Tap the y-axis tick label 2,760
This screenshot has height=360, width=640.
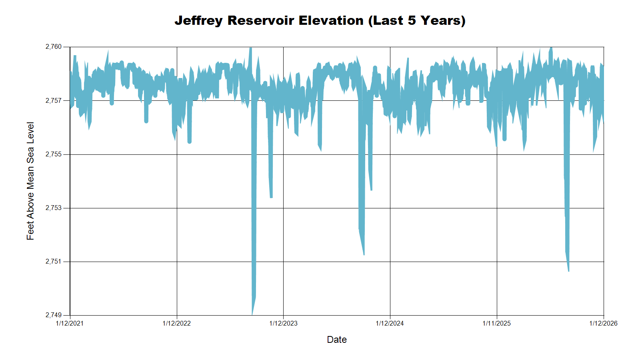click(54, 47)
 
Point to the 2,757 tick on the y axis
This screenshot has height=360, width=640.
click(54, 100)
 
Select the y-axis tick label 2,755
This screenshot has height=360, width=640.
click(54, 154)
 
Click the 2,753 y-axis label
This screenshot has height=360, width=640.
click(54, 208)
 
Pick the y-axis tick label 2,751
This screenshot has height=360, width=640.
click(54, 262)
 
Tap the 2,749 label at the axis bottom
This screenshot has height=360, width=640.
click(54, 315)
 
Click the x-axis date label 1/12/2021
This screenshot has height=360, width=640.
click(70, 323)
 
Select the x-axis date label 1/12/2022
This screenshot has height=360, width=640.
click(176, 323)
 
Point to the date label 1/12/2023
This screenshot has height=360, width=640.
click(283, 323)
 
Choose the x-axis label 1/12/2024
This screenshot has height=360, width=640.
click(390, 323)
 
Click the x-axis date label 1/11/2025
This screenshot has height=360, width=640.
click(496, 323)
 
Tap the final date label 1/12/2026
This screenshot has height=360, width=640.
click(603, 323)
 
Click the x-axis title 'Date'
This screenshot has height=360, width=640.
click(337, 340)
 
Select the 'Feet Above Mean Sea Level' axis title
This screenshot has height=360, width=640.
click(30, 181)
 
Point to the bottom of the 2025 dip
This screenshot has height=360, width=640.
click(568, 271)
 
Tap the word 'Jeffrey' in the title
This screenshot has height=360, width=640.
click(198, 20)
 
